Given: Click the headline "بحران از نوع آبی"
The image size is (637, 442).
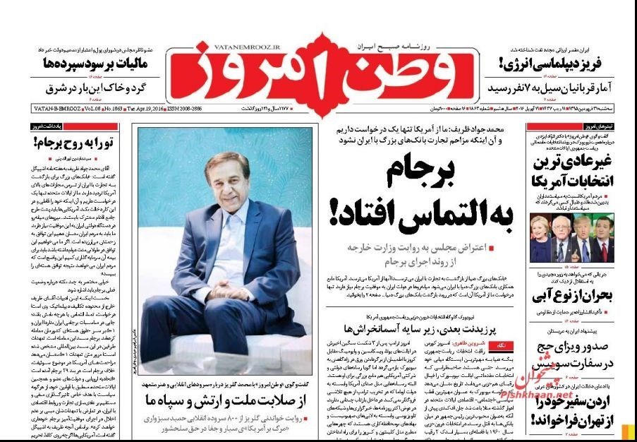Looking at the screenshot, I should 573,294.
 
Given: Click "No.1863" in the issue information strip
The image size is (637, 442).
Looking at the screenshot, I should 113,109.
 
